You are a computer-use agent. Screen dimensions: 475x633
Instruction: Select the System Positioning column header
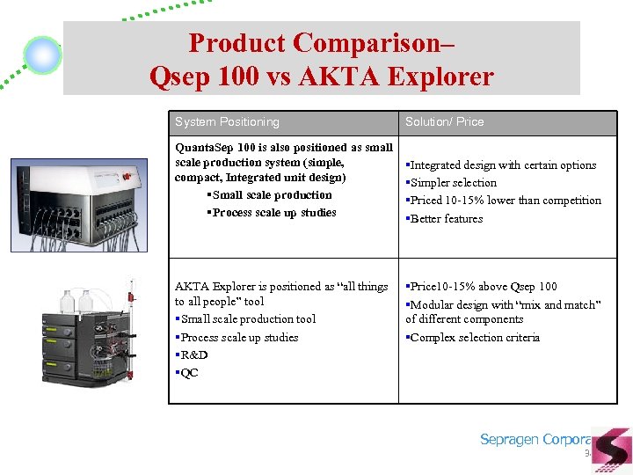(227, 121)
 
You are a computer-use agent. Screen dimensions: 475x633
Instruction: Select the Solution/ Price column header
(444, 121)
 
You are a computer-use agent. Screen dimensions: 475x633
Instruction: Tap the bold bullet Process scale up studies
(273, 213)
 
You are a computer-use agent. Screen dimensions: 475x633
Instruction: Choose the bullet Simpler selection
(453, 183)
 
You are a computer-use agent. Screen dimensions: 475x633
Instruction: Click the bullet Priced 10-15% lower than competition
(505, 201)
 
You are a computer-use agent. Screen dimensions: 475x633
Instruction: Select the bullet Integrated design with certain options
(502, 165)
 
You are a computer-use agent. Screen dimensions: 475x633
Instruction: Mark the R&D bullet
(193, 355)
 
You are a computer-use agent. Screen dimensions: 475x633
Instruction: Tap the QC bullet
(189, 373)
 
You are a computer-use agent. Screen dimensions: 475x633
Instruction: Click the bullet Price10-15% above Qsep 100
(483, 287)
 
